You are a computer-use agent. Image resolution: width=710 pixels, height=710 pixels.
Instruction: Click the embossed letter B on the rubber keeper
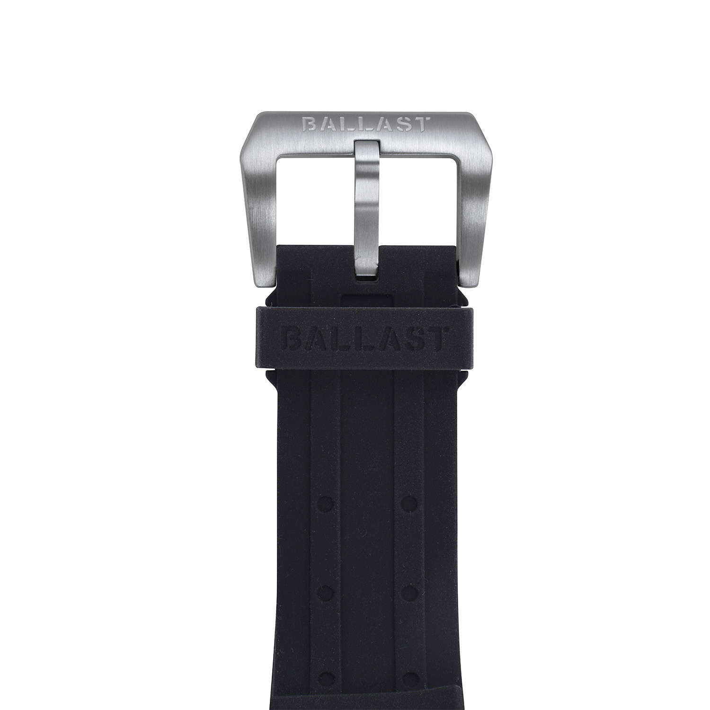tap(292, 337)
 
